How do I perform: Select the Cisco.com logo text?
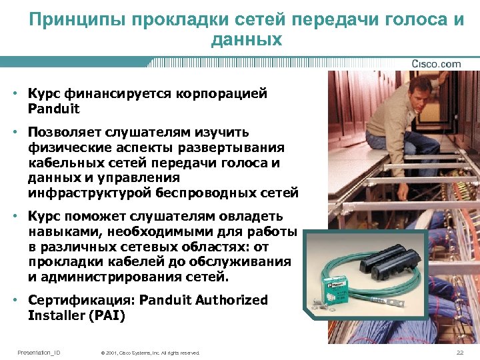pos(436,64)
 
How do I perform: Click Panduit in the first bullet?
pos(53,108)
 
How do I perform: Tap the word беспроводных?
pos(207,193)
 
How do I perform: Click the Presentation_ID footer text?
pos(39,352)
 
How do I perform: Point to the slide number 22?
pos(459,352)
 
